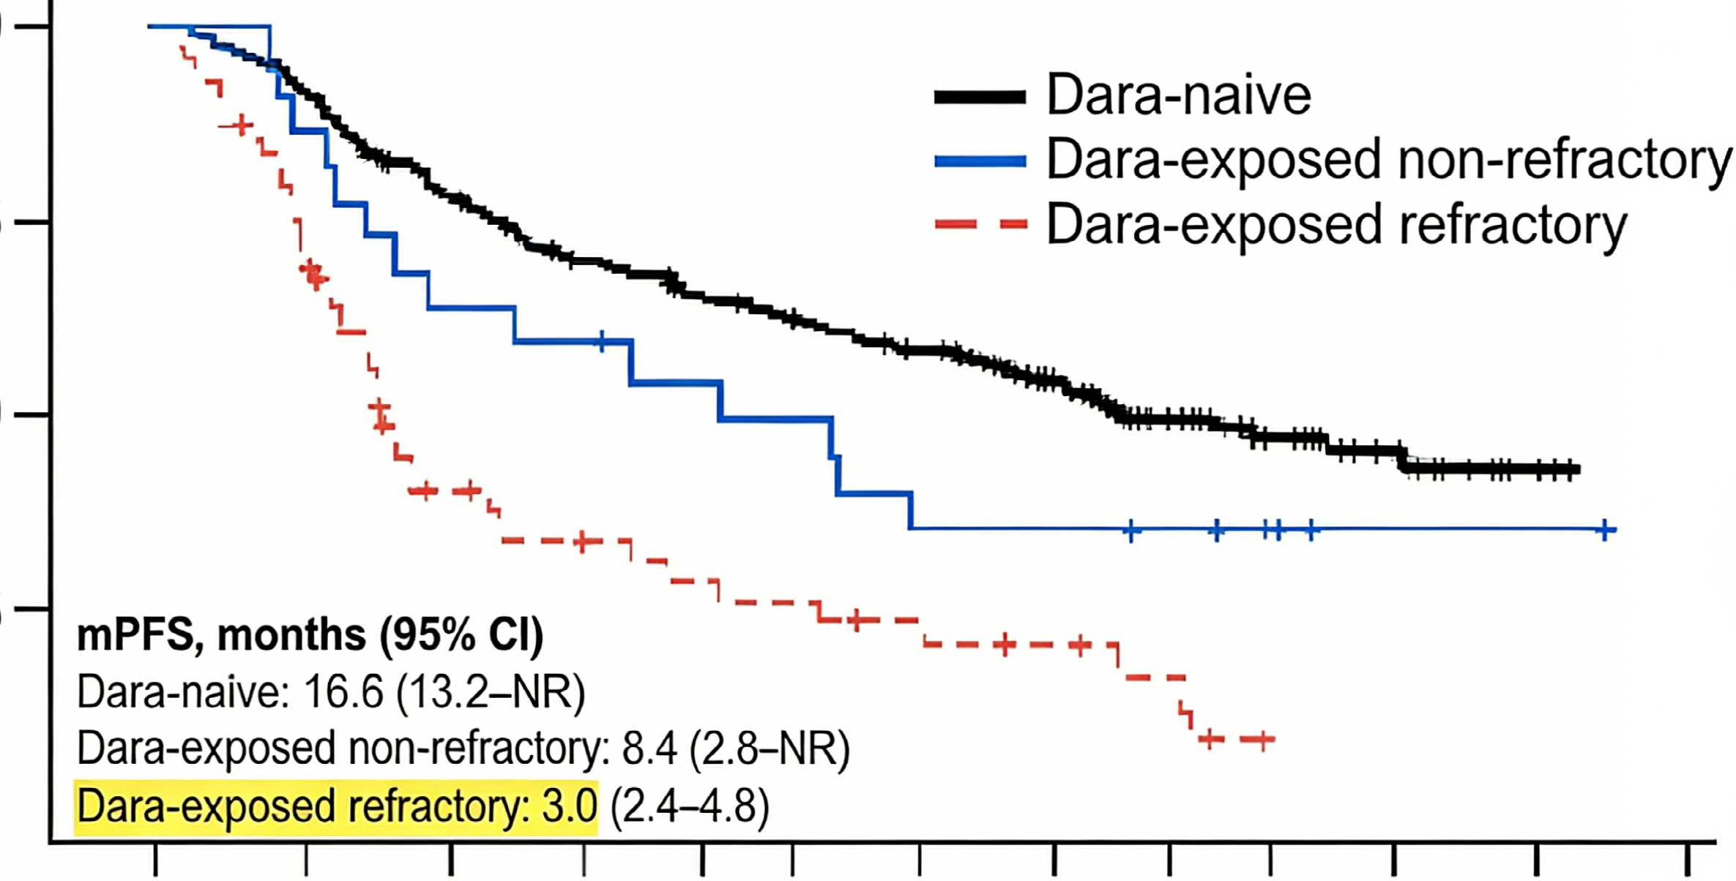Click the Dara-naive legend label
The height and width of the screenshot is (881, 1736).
tap(1178, 94)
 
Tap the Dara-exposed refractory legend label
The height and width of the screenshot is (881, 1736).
tap(1337, 226)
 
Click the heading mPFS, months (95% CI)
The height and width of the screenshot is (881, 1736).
tap(310, 635)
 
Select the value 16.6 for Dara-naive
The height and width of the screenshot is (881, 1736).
tap(343, 691)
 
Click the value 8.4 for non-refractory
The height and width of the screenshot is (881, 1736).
tap(649, 748)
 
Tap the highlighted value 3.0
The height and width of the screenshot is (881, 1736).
tap(570, 806)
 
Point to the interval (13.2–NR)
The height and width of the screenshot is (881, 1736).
tap(491, 692)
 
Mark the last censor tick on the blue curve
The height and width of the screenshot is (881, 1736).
tap(1604, 529)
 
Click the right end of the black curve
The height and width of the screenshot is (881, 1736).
tap(1579, 469)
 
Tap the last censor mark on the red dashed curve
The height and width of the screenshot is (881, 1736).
tap(1263, 740)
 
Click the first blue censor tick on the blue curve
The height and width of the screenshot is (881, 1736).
tap(602, 341)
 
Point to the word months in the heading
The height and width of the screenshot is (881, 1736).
tap(291, 635)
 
